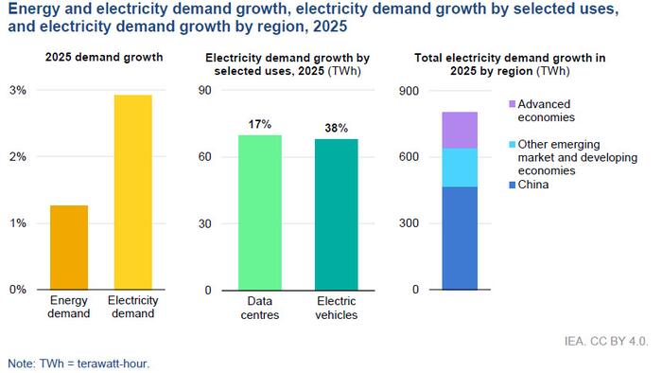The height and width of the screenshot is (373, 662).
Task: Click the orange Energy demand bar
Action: point(68,247)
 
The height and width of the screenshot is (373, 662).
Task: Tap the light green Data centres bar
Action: point(260,212)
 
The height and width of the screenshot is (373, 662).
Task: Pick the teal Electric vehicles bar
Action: point(337,214)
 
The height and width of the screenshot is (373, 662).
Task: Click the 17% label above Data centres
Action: point(260,124)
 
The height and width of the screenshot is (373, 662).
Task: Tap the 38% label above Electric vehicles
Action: point(337,128)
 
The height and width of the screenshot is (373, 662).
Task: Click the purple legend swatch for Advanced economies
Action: point(513,104)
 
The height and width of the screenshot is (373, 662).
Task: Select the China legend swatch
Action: point(513,185)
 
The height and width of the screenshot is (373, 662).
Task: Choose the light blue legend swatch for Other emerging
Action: point(513,144)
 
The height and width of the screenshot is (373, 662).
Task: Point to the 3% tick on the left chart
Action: point(18,91)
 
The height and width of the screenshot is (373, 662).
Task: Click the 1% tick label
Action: point(18,223)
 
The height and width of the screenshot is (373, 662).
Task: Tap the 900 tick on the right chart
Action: point(408,91)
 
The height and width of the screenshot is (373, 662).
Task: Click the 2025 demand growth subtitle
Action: point(104,58)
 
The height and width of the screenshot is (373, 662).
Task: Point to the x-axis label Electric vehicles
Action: point(337,309)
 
